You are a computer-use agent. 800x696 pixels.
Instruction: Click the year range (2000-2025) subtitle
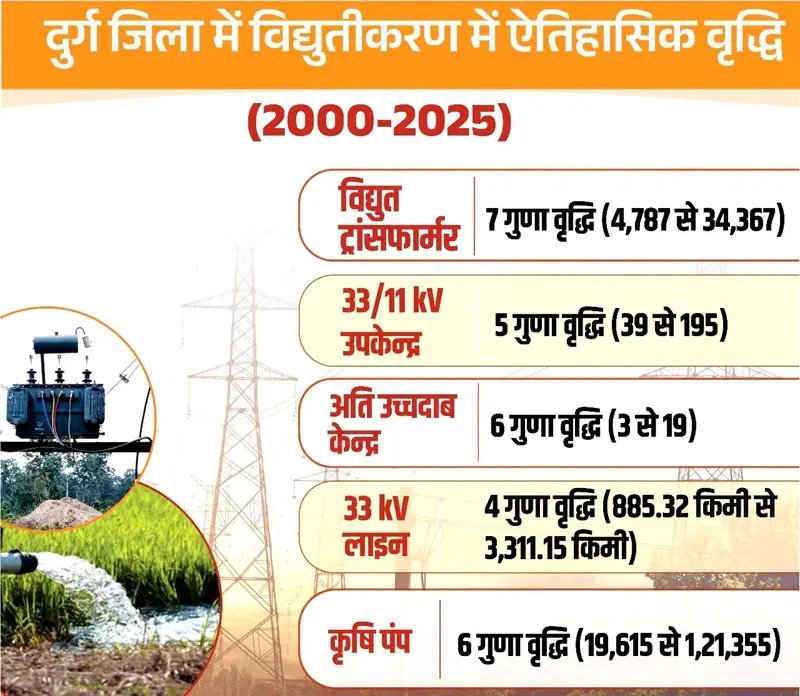point(379,124)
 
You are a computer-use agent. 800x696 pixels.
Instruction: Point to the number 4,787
point(637,220)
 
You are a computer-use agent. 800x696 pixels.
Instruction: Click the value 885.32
point(650,506)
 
